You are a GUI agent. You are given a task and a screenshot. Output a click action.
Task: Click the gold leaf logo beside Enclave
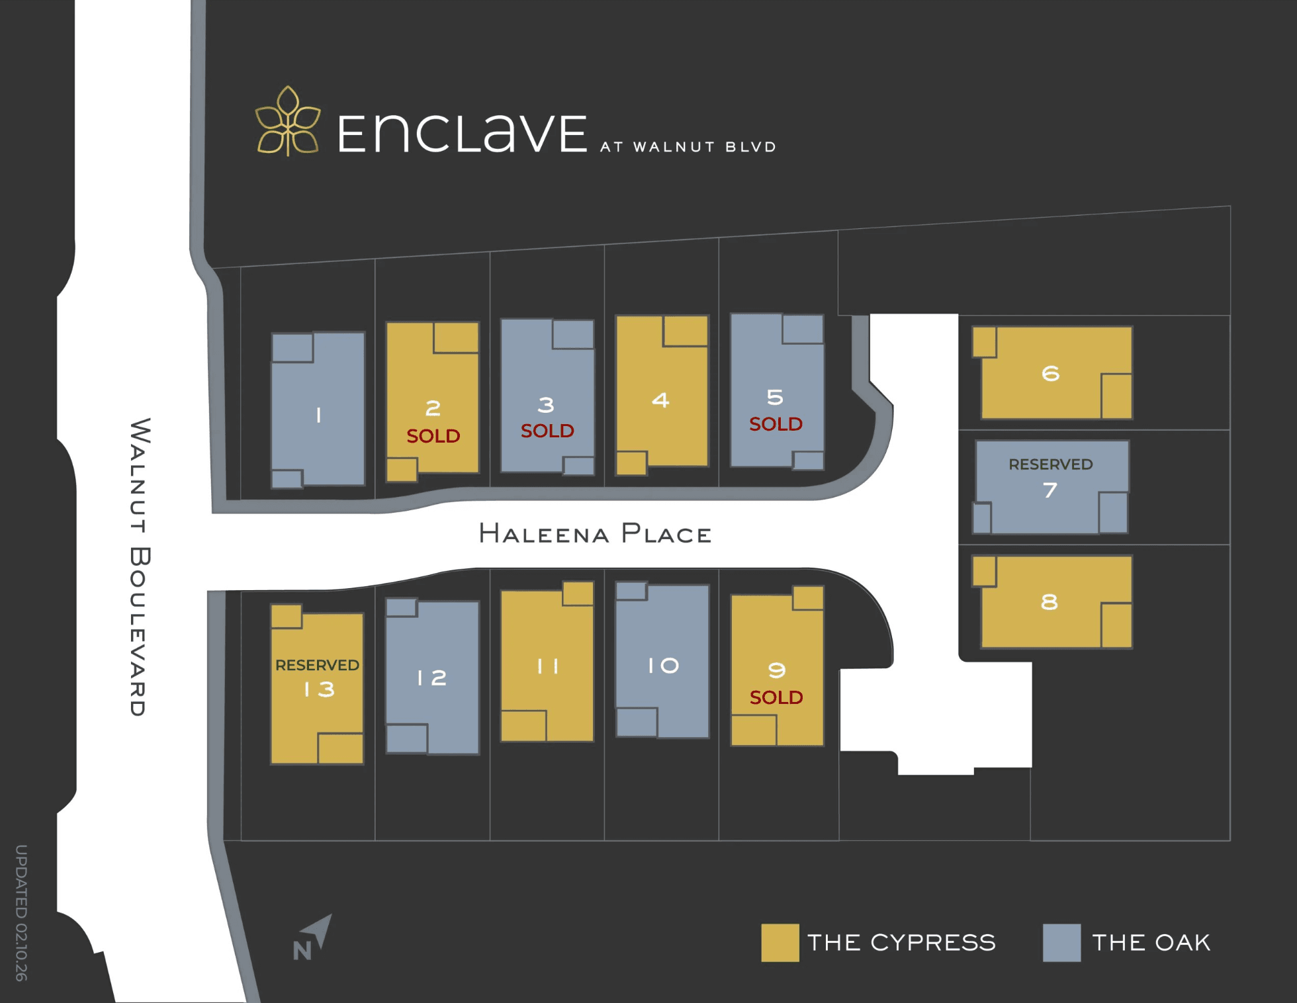(288, 122)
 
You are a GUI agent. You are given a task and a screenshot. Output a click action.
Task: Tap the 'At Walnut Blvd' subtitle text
(688, 147)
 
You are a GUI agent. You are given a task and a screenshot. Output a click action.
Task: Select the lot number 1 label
(318, 415)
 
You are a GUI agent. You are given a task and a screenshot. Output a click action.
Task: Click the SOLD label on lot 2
(433, 436)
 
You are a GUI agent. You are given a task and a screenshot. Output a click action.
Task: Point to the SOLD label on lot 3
(547, 431)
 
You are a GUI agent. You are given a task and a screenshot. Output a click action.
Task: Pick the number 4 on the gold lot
(660, 400)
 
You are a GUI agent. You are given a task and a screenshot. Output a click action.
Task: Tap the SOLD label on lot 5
(776, 424)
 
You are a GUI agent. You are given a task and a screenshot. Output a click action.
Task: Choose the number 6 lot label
(1050, 374)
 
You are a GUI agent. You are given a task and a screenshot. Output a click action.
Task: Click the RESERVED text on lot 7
(1050, 464)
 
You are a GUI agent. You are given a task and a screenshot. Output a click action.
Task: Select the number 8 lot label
(1049, 602)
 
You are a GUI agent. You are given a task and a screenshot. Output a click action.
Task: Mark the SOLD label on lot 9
(776, 697)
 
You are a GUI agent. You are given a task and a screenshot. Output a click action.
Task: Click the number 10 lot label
(663, 666)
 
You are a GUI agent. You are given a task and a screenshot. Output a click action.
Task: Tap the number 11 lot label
(548, 666)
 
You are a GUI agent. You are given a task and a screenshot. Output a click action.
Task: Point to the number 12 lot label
(432, 677)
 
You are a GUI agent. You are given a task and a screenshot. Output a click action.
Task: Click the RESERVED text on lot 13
(317, 665)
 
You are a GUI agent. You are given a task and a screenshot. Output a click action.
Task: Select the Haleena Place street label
(595, 534)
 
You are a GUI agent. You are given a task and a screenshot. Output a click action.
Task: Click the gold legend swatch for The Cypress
(780, 943)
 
